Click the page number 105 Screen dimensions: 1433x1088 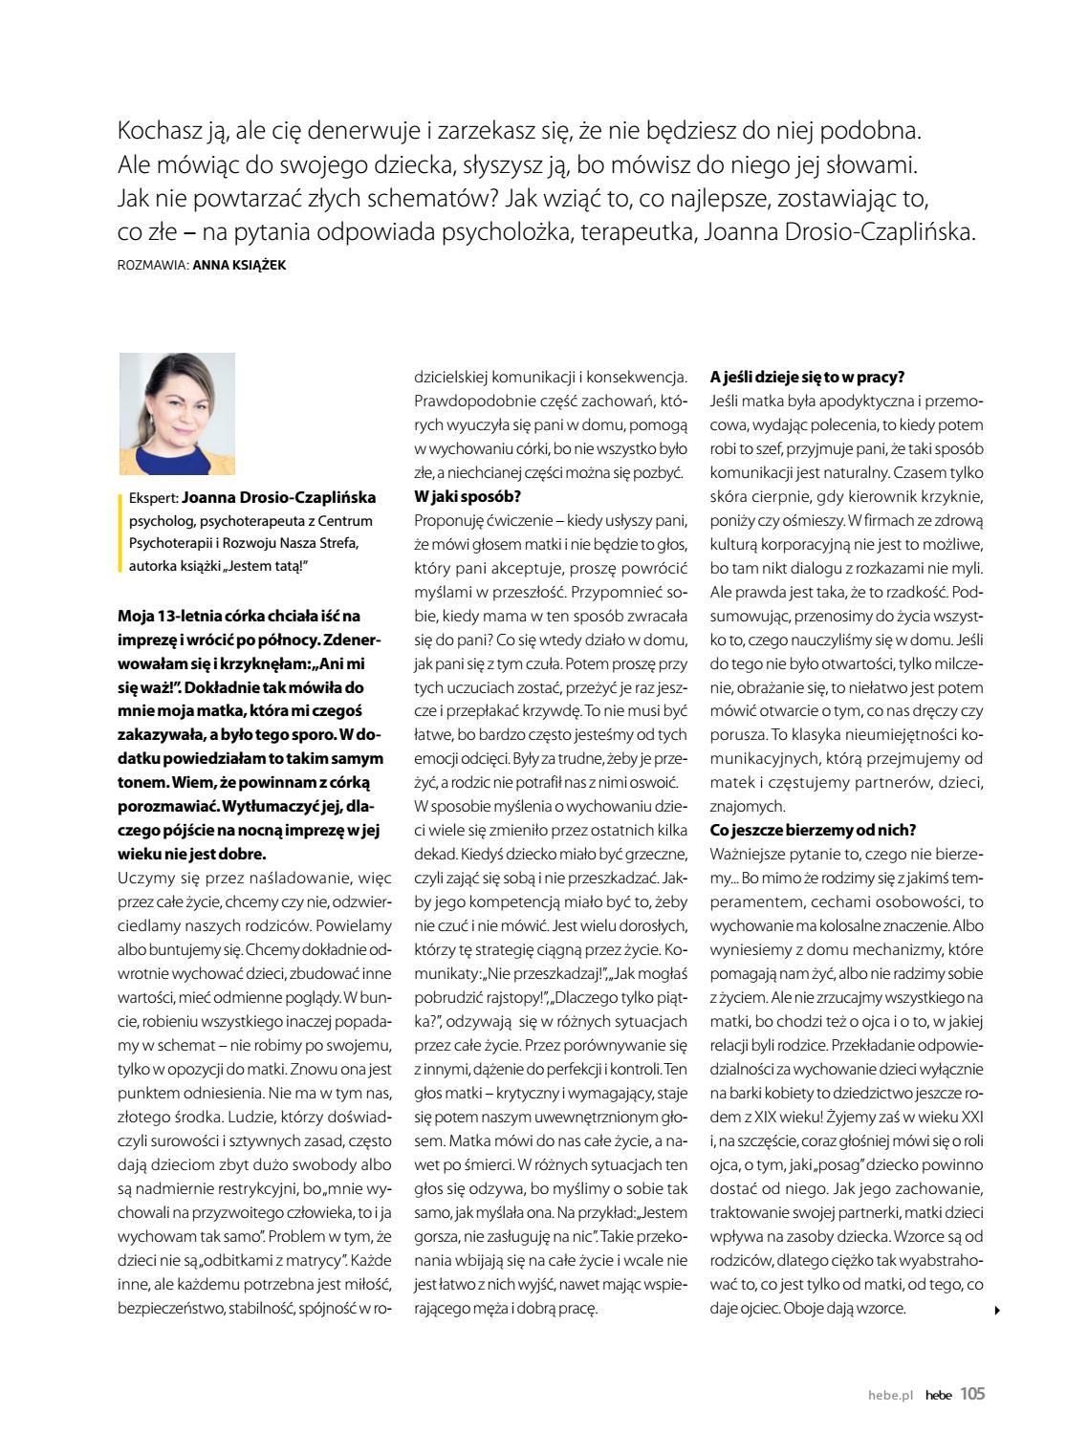pyautogui.click(x=971, y=1394)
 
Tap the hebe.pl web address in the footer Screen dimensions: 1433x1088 pyautogui.click(x=885, y=1396)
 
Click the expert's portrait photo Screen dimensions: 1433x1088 pyautogui.click(x=177, y=414)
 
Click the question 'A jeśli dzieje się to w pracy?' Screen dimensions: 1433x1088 pyautogui.click(x=807, y=377)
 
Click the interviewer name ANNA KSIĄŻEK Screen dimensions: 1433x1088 pyautogui.click(x=239, y=265)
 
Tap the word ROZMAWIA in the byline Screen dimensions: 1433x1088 pyautogui.click(x=151, y=265)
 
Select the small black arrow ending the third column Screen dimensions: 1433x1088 pyautogui.click(x=997, y=1311)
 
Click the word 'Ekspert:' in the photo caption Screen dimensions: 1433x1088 pyautogui.click(x=153, y=498)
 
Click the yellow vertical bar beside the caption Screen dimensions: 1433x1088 pyautogui.click(x=121, y=532)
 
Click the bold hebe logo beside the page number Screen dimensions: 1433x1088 pyautogui.click(x=938, y=1396)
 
